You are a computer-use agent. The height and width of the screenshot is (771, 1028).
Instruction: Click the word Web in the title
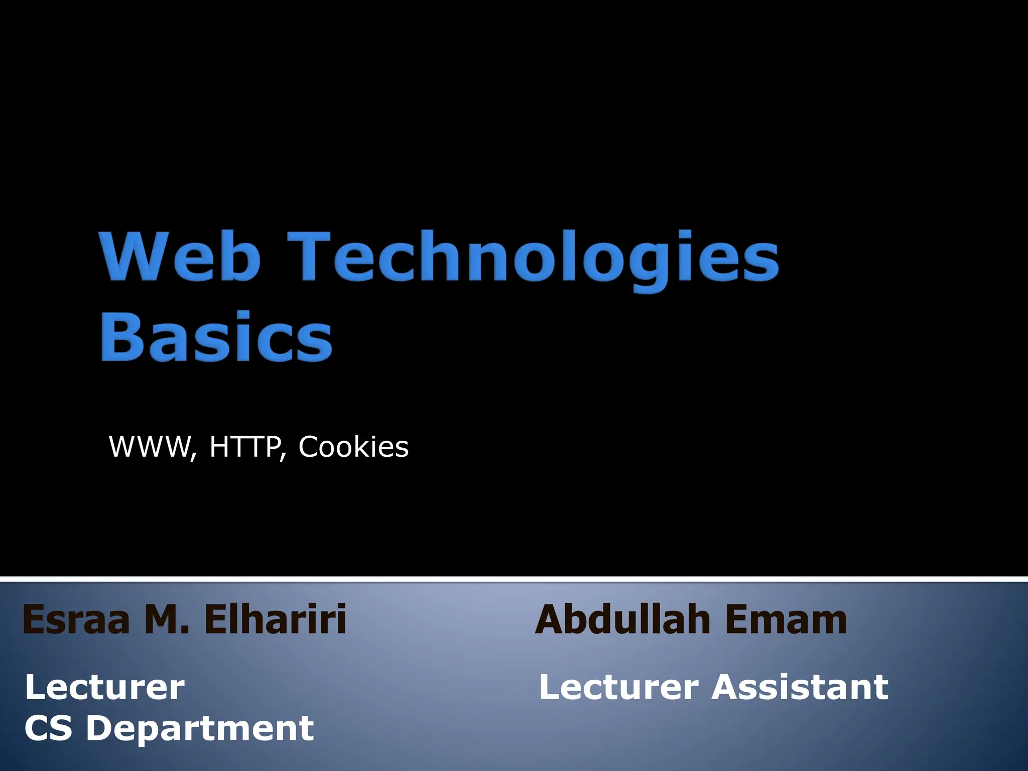point(181,256)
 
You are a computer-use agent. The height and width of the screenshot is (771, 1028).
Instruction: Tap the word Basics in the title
point(216,336)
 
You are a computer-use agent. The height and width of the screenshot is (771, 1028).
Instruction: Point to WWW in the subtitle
point(149,446)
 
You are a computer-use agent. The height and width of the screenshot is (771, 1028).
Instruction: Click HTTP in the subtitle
point(244,446)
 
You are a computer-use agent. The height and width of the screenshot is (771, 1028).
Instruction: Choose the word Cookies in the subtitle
point(353,446)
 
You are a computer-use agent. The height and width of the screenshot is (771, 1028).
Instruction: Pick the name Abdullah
point(622,619)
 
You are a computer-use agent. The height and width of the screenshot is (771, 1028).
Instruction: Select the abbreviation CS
point(48,728)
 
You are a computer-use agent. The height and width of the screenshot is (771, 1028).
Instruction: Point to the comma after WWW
point(194,455)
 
